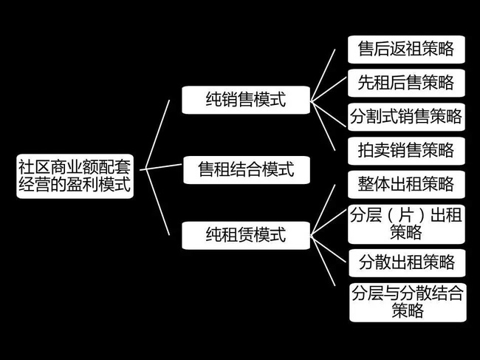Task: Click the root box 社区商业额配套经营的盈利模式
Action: (x=75, y=176)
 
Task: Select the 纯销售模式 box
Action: (x=246, y=100)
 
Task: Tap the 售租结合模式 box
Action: (x=246, y=169)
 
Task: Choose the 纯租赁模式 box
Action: (x=246, y=235)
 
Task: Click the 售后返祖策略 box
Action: (x=406, y=50)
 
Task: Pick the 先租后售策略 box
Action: (x=406, y=82)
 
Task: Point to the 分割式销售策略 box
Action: (x=406, y=116)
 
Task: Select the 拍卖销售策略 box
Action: (x=406, y=150)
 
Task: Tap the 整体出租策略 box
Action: (x=406, y=183)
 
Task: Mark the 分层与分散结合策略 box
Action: (x=406, y=301)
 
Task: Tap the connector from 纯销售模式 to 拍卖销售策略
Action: (x=329, y=126)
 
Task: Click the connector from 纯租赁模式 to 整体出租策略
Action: (x=329, y=210)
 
